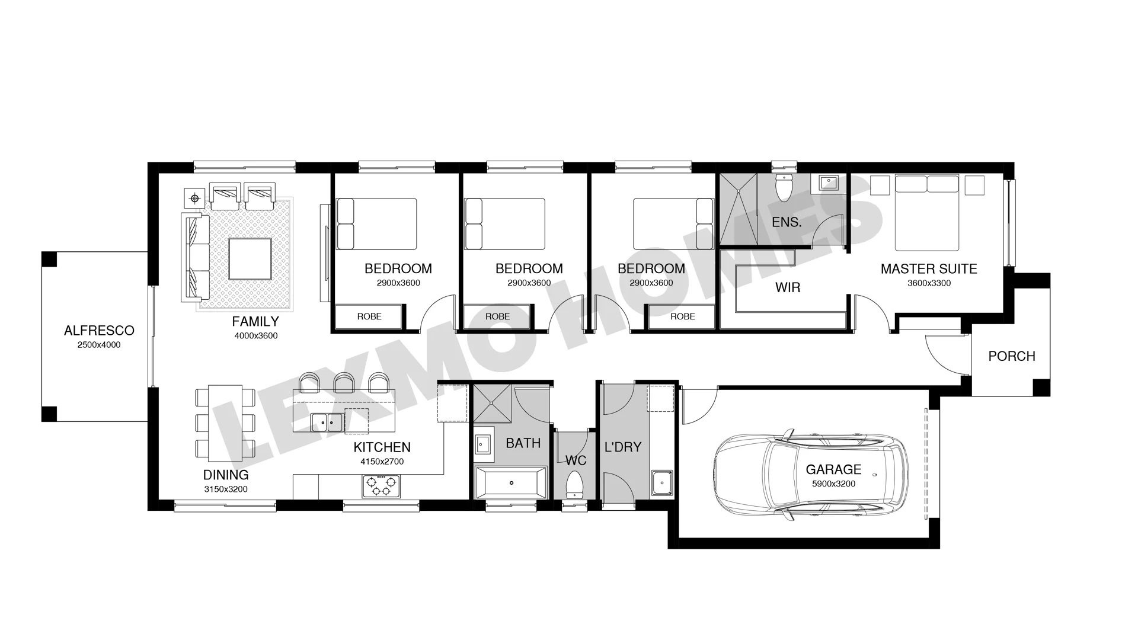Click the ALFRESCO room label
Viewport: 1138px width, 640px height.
coord(99,331)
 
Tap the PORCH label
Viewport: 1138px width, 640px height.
coord(1012,356)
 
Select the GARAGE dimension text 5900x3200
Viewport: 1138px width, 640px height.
coord(833,484)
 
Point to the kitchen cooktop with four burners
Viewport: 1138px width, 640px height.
coord(381,486)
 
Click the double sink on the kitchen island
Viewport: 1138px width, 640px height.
coord(327,423)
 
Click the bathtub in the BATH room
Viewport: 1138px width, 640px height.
coord(511,483)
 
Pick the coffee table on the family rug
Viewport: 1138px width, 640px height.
coord(250,258)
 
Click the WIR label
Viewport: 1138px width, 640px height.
coord(788,287)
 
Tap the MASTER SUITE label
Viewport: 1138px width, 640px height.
coord(929,269)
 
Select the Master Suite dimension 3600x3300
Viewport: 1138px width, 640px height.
coord(929,283)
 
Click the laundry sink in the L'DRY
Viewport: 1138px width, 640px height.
coord(661,483)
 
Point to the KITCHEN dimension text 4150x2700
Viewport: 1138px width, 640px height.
coord(382,462)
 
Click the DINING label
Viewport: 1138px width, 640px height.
coord(226,475)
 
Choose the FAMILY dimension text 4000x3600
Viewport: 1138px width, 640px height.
coord(256,336)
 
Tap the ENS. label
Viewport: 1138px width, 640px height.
coord(787,223)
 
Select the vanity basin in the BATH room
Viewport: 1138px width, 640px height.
coord(483,444)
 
